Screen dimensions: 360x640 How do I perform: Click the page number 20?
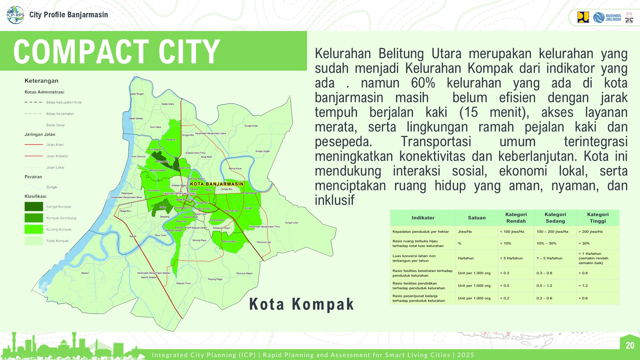coord(630,345)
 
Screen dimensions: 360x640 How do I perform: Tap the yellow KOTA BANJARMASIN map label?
coord(217,184)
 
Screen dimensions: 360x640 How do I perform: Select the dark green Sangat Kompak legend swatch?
coord(34,207)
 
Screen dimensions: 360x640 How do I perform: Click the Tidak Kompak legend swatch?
coord(34,241)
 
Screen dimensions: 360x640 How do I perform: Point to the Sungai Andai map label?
coord(251,126)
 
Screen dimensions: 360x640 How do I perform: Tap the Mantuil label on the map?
coord(85,273)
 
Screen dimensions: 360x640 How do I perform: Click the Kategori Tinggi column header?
coord(598,218)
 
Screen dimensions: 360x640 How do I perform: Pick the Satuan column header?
coord(477,218)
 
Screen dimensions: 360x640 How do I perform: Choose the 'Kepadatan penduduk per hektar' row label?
coord(421,232)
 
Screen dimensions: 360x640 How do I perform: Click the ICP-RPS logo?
coord(15,15)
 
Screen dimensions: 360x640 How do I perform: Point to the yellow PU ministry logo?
coord(583,17)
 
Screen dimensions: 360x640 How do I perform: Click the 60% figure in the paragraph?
coord(423,83)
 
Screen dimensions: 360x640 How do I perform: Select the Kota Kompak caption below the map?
coord(301,304)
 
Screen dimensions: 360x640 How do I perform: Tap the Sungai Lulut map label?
coord(292,223)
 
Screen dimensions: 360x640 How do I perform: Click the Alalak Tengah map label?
coord(137,94)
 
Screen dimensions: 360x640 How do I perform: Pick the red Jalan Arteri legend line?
coord(34,145)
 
